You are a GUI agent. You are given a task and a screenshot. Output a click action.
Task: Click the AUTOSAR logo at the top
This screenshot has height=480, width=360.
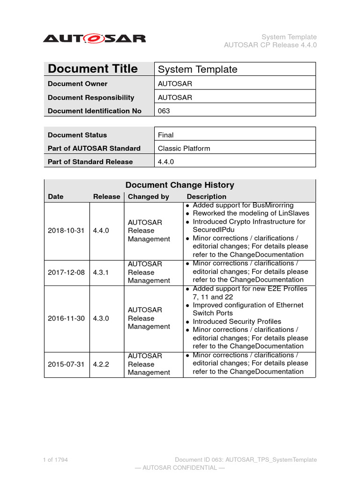94,38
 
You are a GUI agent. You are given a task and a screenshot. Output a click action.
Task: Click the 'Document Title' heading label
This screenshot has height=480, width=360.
93,69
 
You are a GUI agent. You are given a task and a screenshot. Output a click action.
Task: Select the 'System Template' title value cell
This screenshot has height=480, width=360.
197,69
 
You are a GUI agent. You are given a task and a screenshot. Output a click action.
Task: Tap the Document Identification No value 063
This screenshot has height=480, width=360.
164,111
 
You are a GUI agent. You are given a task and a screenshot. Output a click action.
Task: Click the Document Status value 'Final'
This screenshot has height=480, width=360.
165,135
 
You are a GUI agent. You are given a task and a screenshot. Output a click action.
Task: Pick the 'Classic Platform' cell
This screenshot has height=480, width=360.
184,149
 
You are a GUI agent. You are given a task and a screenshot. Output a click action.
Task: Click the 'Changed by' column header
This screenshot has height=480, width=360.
148,197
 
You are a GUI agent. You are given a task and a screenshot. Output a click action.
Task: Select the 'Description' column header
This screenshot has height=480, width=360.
206,197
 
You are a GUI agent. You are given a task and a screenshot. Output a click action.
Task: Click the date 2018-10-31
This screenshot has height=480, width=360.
66,231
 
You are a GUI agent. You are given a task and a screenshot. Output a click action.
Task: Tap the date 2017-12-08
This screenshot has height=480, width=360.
66,272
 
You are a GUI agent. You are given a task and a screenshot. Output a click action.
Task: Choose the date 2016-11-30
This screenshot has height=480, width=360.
66,318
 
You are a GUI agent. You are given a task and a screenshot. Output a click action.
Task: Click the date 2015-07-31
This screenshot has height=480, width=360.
66,364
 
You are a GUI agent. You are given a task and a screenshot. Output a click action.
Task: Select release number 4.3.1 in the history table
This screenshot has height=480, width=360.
101,272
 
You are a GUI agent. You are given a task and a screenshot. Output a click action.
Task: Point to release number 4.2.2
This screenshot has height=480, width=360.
101,364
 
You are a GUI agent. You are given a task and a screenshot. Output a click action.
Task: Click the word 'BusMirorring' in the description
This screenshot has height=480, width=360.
272,205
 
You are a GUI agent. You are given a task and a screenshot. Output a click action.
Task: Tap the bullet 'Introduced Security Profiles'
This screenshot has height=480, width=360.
237,322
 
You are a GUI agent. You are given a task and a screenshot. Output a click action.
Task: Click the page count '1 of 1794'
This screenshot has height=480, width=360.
55,460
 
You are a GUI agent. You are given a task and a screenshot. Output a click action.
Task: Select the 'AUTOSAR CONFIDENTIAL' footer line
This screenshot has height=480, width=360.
180,468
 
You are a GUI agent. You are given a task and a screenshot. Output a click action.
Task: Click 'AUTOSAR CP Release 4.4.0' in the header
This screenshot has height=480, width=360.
270,45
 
